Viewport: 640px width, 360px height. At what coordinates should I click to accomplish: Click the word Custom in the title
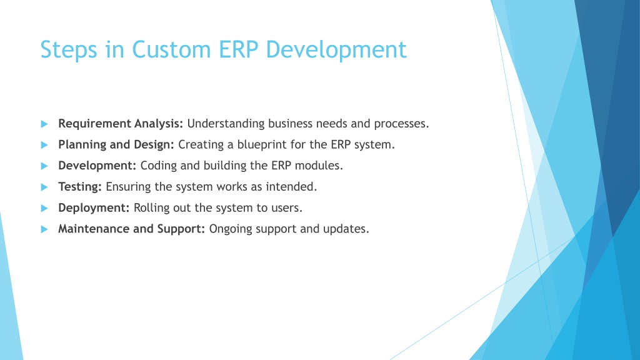coord(171,49)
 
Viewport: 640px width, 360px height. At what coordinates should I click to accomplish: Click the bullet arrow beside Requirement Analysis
coord(44,124)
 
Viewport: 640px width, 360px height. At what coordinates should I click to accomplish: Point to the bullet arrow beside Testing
coord(44,187)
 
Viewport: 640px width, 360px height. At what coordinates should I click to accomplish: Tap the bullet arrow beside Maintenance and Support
coord(44,229)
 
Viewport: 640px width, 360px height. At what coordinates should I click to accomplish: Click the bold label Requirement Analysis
coord(121,124)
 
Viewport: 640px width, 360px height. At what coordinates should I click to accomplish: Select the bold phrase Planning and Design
coord(116,145)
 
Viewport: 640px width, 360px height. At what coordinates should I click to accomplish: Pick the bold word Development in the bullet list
coord(97,166)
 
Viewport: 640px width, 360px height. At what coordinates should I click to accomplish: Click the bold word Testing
coord(80,187)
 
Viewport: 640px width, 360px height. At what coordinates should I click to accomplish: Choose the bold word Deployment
coord(94,207)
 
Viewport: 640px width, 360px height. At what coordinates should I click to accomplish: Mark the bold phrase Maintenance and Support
coord(131,229)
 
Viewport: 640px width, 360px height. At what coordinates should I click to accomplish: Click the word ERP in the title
coord(239,49)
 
